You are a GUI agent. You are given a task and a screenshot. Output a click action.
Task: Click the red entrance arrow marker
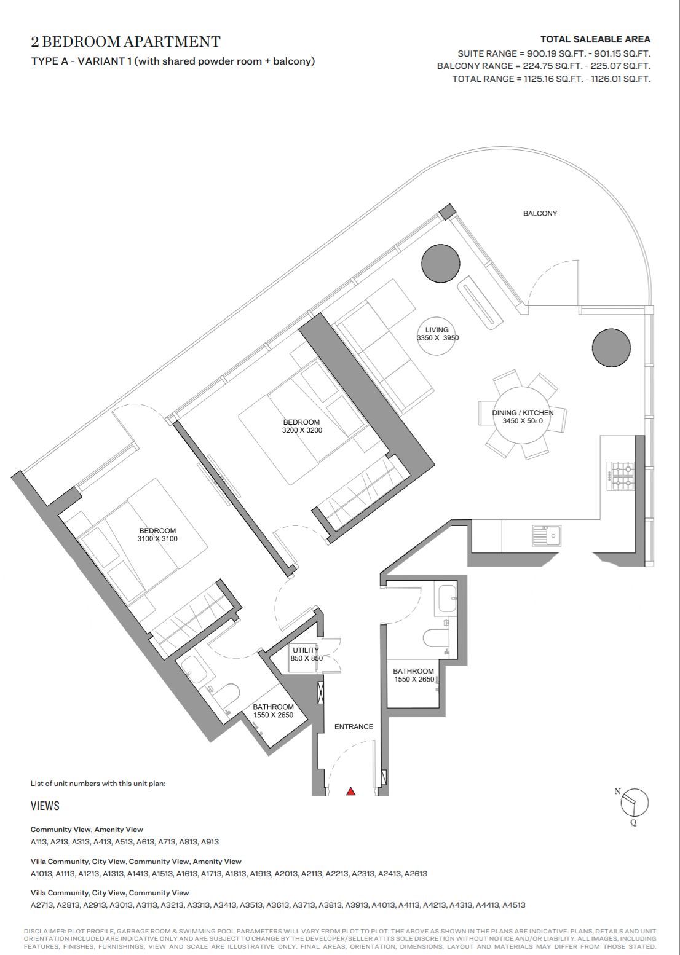point(350,792)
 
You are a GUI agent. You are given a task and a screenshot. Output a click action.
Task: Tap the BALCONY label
point(540,213)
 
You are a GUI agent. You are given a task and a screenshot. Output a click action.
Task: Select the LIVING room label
point(437,329)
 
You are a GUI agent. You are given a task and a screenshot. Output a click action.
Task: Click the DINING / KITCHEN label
point(523,413)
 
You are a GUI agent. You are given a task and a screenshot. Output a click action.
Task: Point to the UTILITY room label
point(306,650)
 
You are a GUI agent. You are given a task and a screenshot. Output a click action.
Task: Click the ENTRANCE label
point(354,726)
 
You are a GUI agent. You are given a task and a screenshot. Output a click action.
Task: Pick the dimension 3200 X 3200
point(302,430)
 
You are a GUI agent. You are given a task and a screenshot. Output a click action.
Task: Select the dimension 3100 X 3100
point(157,539)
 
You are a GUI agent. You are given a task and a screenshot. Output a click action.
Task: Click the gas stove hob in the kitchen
point(622,476)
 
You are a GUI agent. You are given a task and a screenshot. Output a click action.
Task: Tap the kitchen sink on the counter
point(547,535)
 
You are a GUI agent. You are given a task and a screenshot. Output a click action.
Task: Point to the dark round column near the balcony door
point(441,263)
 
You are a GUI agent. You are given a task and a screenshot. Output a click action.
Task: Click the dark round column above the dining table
point(611,348)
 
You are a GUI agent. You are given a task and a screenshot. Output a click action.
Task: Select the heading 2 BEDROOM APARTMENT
point(125,42)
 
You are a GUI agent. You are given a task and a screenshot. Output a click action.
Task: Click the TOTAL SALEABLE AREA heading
point(595,39)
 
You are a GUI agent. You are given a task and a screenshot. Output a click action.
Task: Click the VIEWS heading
point(45,806)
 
